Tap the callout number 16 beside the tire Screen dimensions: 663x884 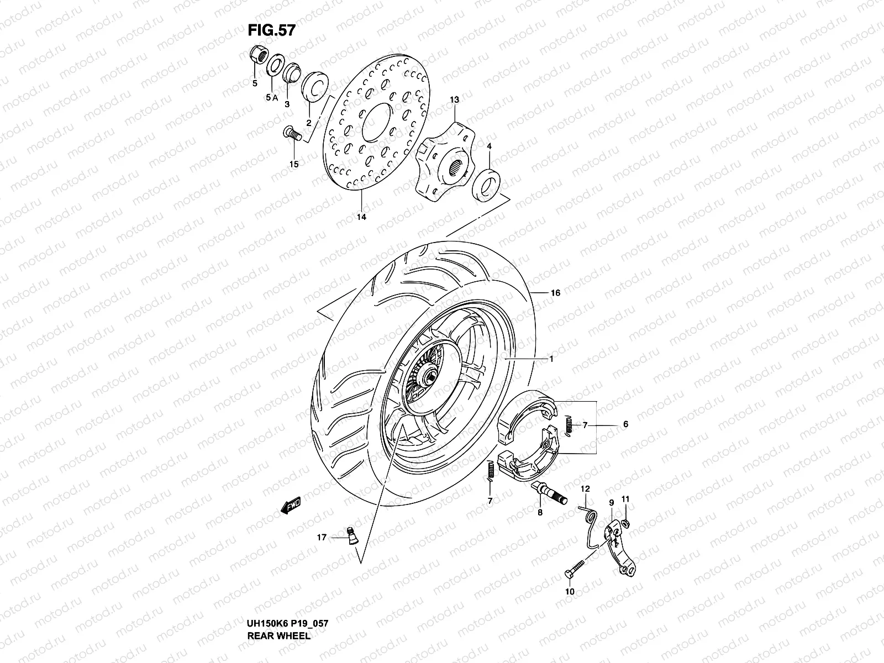click(555, 293)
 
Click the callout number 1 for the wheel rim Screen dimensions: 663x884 click(551, 359)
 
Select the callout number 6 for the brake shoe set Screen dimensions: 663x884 click(625, 424)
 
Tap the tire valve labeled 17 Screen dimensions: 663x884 click(351, 536)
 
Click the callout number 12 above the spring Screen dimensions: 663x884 click(585, 488)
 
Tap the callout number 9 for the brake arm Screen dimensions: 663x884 click(612, 503)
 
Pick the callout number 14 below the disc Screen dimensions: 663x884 click(361, 217)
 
